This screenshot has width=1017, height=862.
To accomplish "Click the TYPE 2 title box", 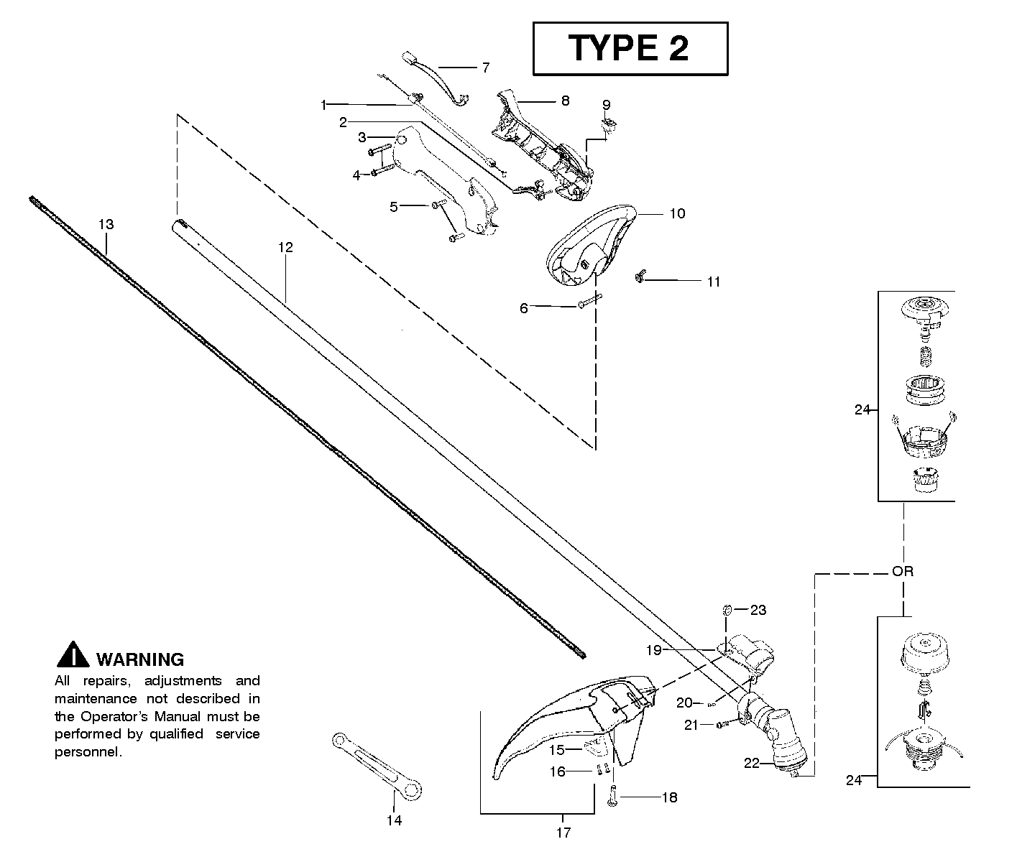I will point(630,48).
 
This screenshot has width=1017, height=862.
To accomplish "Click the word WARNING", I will point(140,659).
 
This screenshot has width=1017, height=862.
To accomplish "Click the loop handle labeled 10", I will point(593,244).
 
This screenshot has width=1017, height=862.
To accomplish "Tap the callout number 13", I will point(106,225).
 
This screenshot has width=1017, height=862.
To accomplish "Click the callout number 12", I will point(285,247).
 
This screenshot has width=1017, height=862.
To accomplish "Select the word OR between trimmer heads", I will point(902,572).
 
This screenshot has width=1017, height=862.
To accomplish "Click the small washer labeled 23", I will point(727,609).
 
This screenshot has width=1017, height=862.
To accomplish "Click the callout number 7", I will point(486,68).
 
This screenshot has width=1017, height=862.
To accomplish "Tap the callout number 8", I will point(565,101).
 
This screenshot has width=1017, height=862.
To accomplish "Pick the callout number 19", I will point(653,650).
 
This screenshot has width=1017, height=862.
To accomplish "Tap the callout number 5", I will point(394,207).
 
